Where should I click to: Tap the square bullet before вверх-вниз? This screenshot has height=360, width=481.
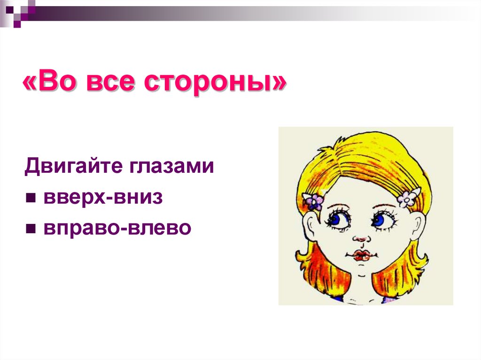pyautogui.click(x=31, y=199)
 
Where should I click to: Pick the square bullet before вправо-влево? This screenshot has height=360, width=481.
pyautogui.click(x=31, y=229)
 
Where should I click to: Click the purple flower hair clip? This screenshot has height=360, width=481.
pyautogui.click(x=314, y=201)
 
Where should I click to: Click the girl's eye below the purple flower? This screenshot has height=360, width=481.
pyautogui.click(x=338, y=219)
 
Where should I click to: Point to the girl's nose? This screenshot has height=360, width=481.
pyautogui.click(x=359, y=237)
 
